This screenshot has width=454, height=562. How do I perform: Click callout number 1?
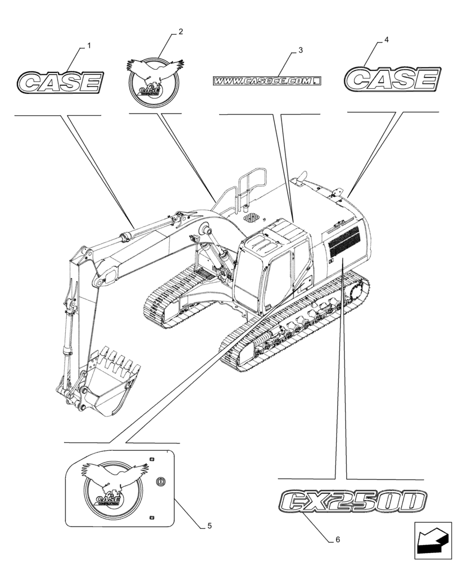[x=89, y=44]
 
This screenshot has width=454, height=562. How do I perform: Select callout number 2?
[x=180, y=32]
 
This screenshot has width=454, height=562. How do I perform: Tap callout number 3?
[x=301, y=50]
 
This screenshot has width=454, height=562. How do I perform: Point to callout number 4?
[x=387, y=39]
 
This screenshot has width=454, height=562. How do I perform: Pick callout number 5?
[x=209, y=526]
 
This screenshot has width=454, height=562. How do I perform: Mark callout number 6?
[x=337, y=540]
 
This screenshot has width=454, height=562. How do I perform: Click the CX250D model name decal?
[x=349, y=501]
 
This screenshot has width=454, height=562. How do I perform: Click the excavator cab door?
[x=279, y=278]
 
